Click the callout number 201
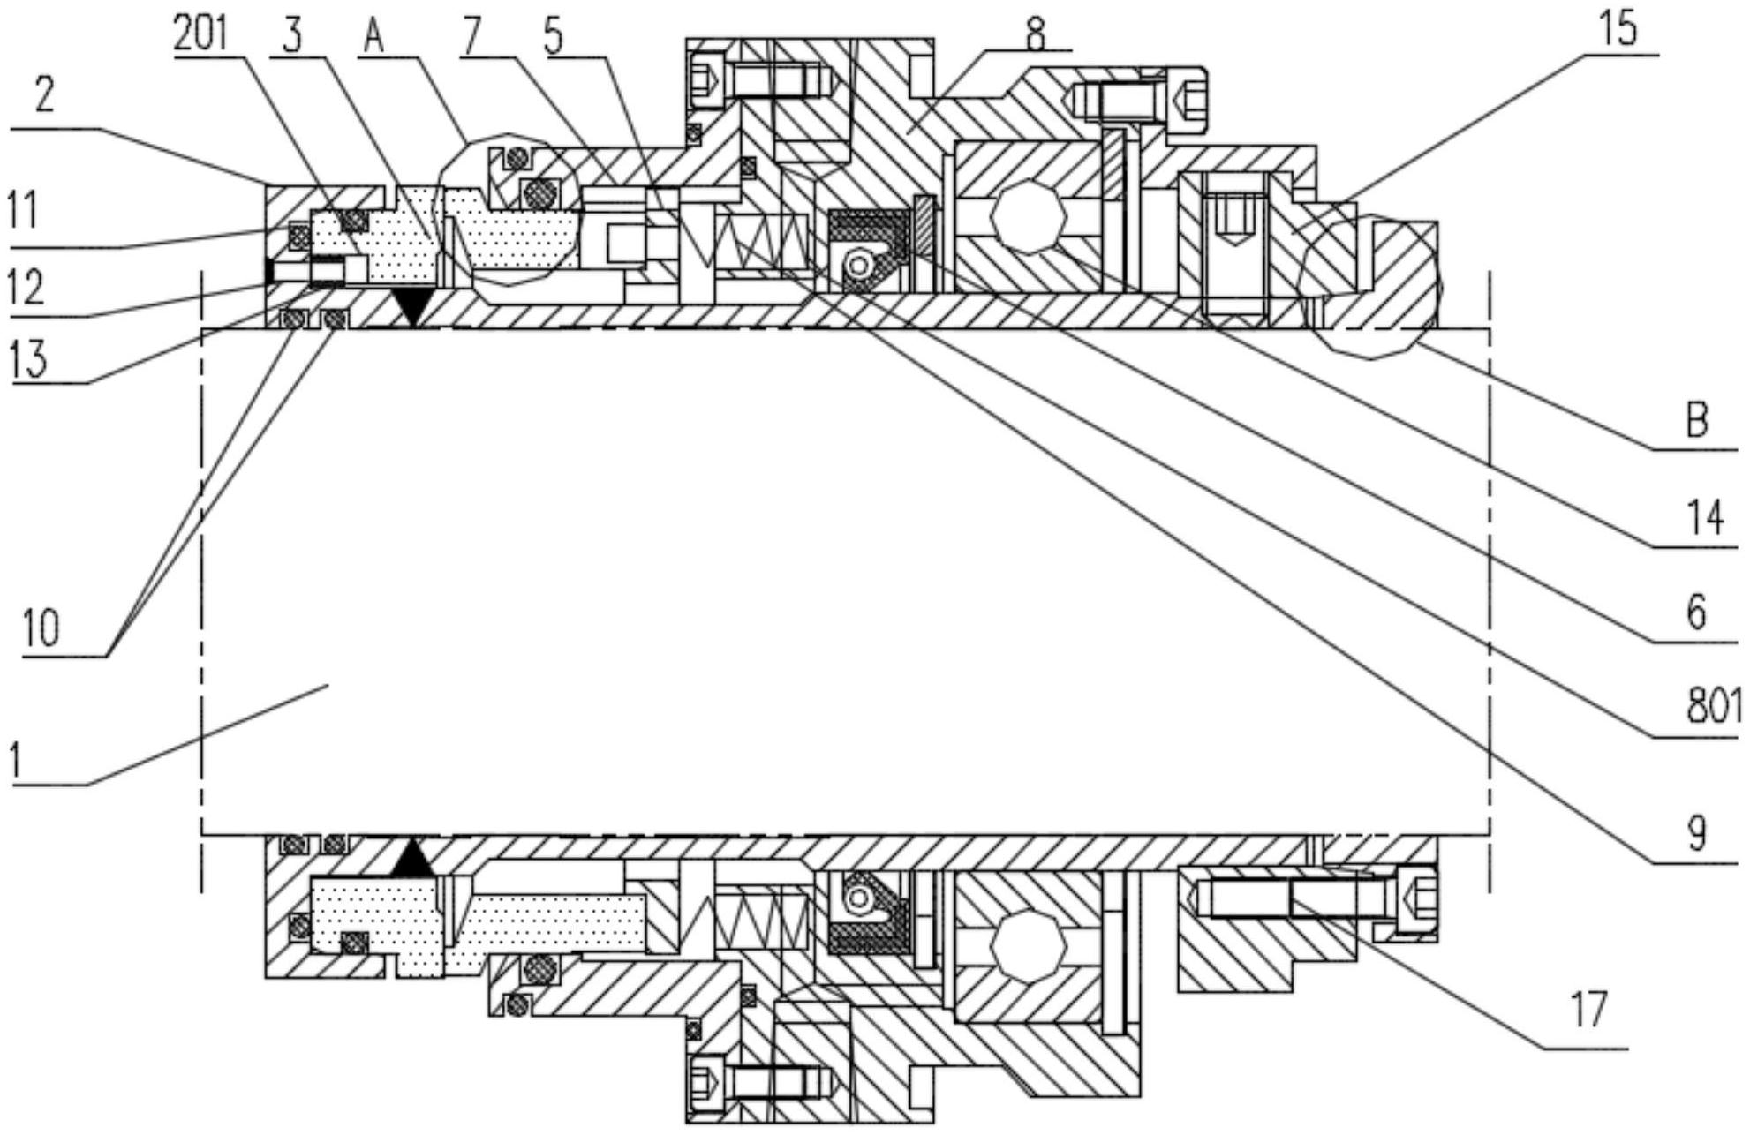(200, 34)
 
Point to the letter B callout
(1697, 420)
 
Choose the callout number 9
(1697, 832)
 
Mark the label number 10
(41, 628)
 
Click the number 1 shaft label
(14, 761)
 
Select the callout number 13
(29, 359)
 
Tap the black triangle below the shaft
(412, 858)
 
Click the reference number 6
(1697, 613)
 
